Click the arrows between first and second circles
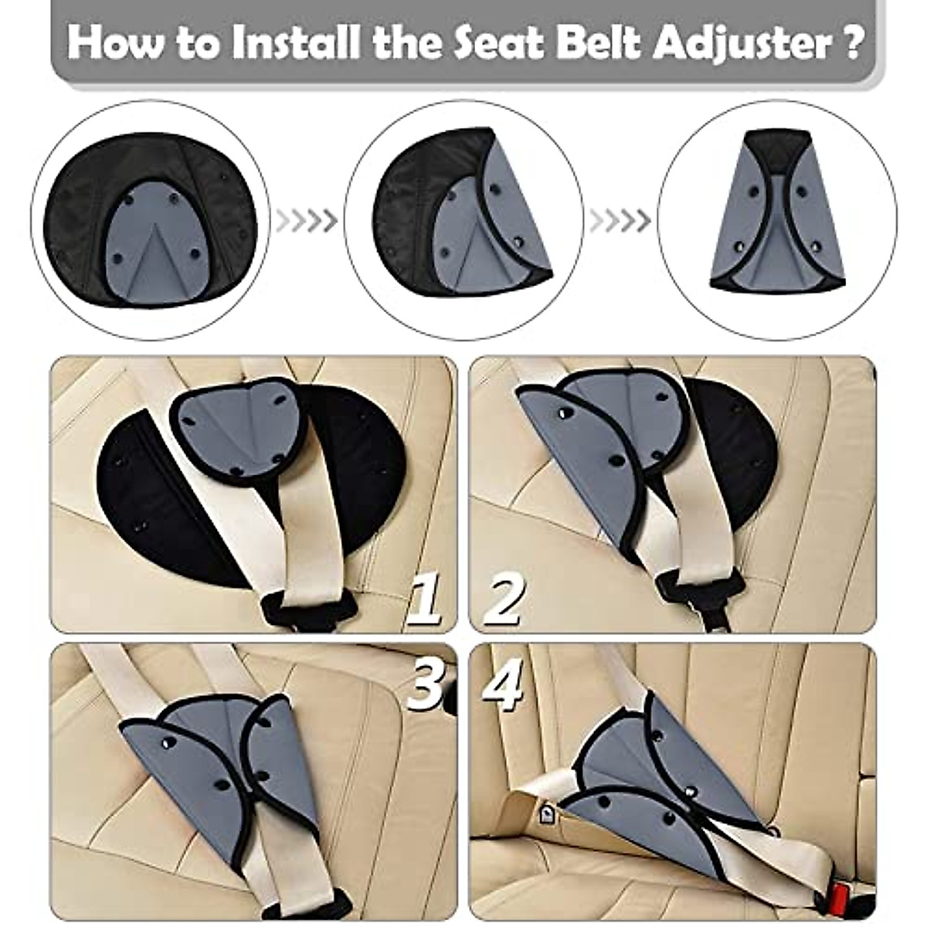[x=306, y=221]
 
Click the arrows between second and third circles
[x=619, y=221]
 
